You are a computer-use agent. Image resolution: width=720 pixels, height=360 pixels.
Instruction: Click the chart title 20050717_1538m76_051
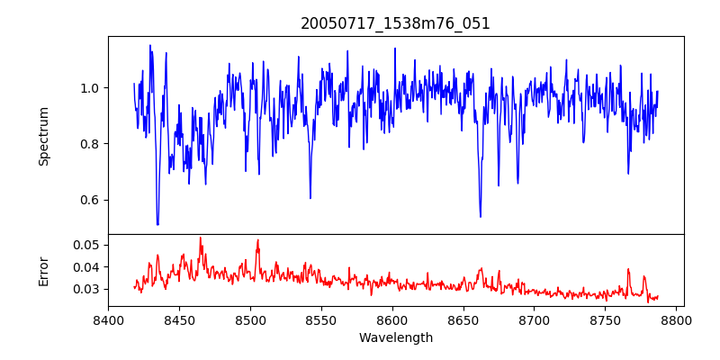tap(395, 23)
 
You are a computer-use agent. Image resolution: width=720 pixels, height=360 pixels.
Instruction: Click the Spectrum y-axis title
tap(44, 136)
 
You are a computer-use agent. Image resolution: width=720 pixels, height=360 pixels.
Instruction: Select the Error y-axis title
tap(44, 270)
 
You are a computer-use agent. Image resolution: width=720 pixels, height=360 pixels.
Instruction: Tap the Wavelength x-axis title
tap(395, 338)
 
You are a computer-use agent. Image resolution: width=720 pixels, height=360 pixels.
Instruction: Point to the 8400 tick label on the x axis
tap(108, 319)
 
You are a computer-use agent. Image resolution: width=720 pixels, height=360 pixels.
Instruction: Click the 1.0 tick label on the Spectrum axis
tap(90, 88)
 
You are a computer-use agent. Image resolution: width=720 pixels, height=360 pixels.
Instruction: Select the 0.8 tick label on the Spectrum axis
tap(90, 144)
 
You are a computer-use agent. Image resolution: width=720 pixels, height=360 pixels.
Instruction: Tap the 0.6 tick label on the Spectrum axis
tap(90, 200)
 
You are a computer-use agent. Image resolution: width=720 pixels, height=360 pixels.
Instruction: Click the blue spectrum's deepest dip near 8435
tap(157, 223)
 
